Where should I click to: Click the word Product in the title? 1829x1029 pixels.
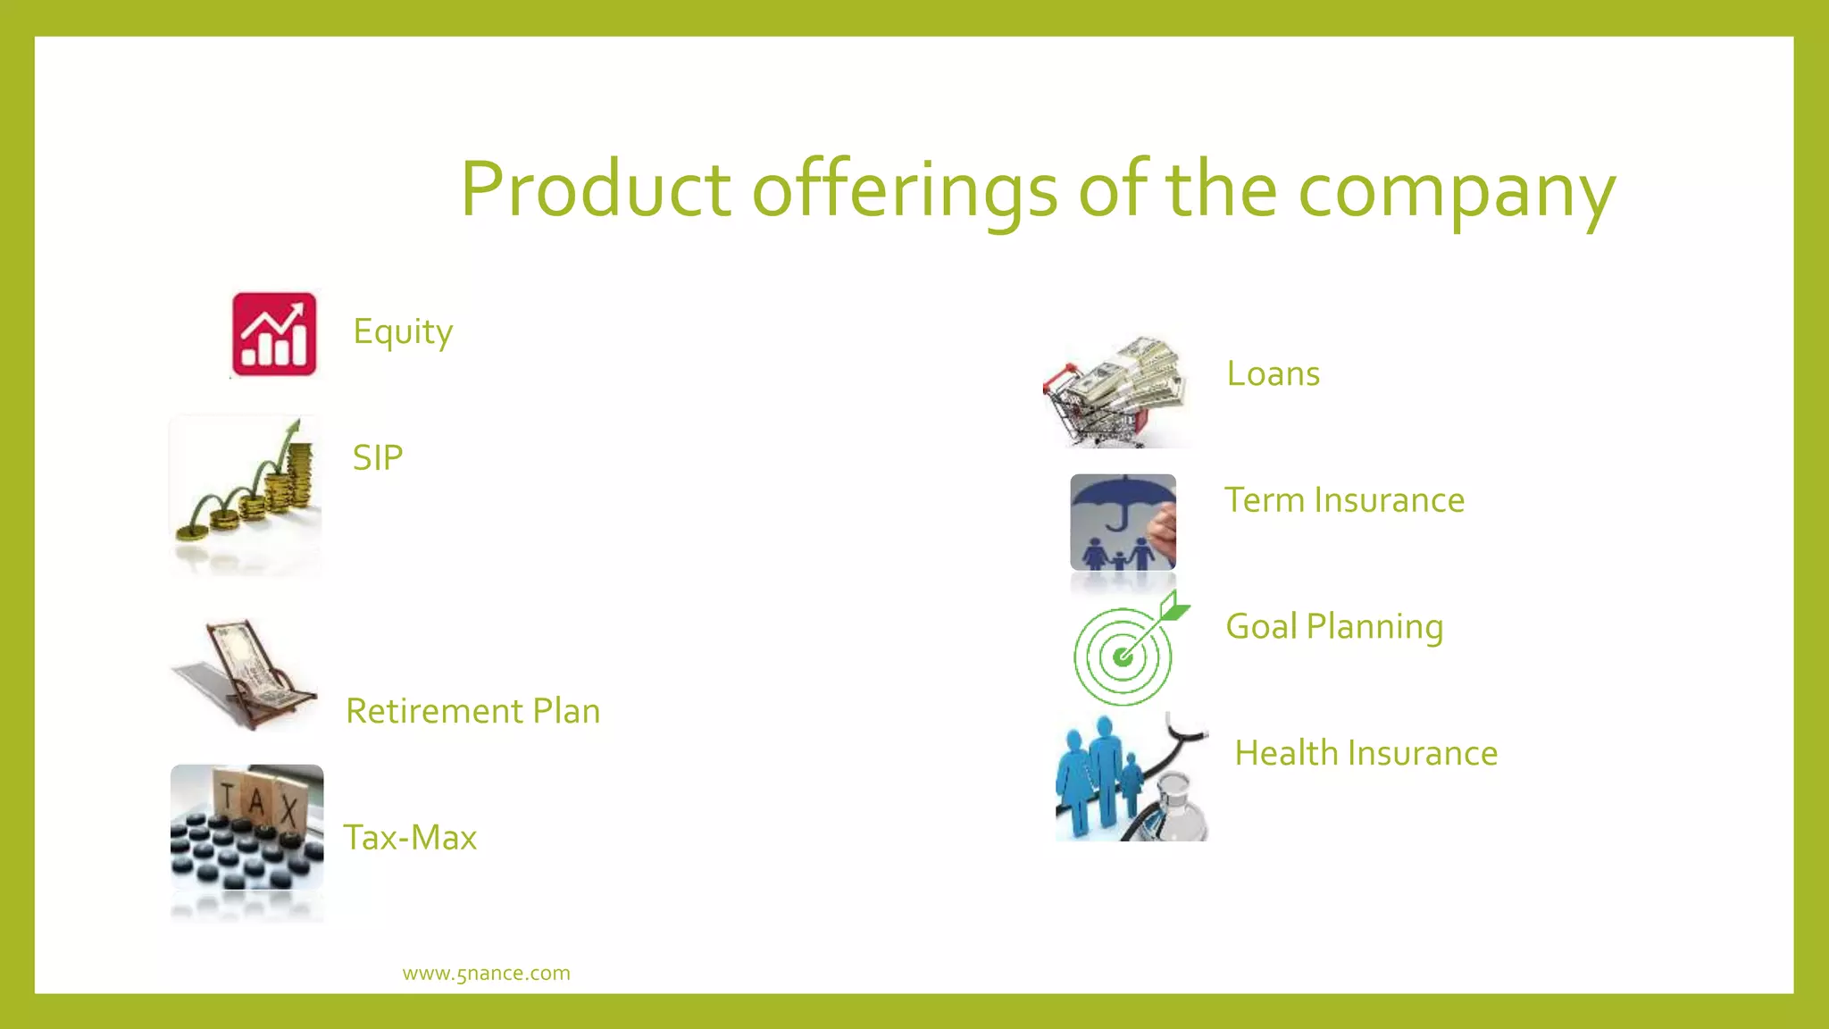(x=596, y=189)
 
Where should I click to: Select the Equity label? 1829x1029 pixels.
(x=403, y=332)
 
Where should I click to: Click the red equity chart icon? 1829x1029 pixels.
(x=274, y=334)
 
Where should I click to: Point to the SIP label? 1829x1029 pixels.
(x=378, y=458)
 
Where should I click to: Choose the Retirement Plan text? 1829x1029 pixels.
(x=472, y=711)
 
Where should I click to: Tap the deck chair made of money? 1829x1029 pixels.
(x=245, y=674)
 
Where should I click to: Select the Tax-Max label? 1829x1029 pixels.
(x=410, y=838)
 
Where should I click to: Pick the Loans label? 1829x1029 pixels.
(x=1273, y=373)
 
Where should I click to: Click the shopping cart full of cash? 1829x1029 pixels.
(x=1116, y=392)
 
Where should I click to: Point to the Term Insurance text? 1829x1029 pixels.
(x=1344, y=500)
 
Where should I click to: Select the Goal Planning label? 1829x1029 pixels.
(x=1334, y=627)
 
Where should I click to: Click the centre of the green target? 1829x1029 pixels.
(x=1123, y=658)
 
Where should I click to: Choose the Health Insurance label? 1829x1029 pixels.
(x=1365, y=754)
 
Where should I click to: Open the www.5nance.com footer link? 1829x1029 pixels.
(x=486, y=974)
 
